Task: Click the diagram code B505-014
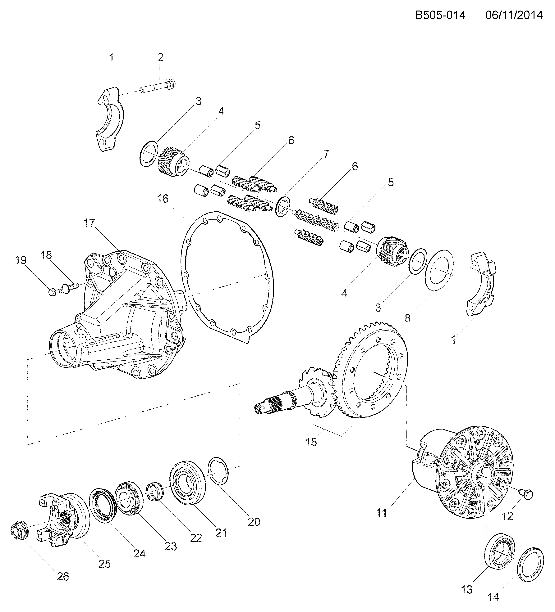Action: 440,15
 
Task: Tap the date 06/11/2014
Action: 514,15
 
